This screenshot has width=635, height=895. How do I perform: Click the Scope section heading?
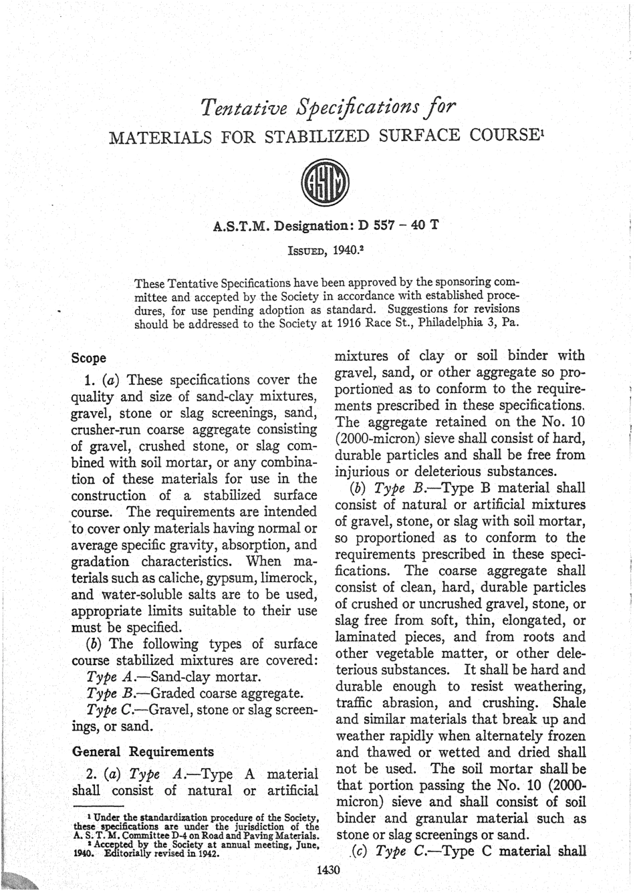[89, 358]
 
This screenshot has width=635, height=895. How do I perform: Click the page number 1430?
[328, 870]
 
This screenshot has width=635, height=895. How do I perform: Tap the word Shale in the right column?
[569, 703]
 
